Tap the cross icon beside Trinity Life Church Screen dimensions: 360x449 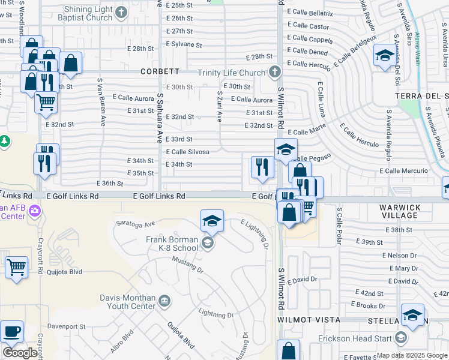pos(274,73)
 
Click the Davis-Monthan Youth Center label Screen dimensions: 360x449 pos(129,301)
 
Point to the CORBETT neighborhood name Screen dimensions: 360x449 pos(160,71)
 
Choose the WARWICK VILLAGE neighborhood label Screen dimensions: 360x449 pos(399,211)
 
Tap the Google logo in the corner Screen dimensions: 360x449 pos(20,353)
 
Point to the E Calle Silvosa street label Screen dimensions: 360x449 pos(187,152)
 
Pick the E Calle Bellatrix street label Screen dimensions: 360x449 pos(310,13)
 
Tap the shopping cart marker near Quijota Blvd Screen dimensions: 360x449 pos(16,267)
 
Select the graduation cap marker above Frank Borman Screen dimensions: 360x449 pos(212,220)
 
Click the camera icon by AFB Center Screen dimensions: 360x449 pos(35,211)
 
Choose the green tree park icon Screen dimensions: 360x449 pos(4,140)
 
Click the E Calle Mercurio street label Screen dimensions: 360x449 pos(404,171)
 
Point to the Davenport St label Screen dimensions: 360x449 pos(67,327)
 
